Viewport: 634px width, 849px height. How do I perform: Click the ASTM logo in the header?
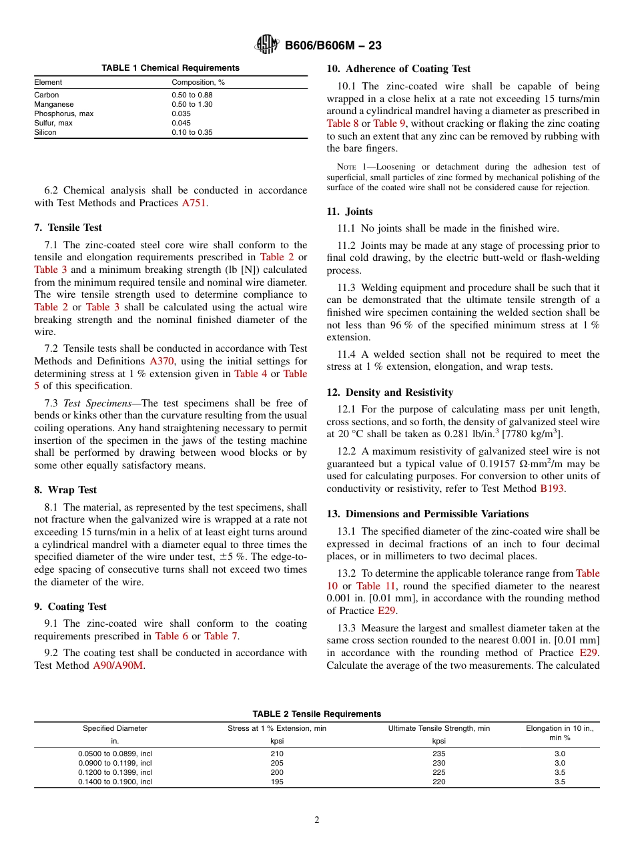(267, 45)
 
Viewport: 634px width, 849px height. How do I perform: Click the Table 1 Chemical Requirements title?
(170, 68)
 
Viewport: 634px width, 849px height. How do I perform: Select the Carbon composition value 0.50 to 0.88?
(192, 95)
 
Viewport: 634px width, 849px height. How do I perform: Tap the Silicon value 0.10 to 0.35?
(192, 132)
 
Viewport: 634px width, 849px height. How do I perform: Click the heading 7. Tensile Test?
(67, 228)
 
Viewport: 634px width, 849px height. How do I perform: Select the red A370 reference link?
(162, 361)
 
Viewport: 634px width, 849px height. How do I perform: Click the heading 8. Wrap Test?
(65, 490)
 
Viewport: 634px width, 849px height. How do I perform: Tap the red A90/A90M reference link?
(118, 665)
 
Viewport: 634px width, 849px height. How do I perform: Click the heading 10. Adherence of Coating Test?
(398, 69)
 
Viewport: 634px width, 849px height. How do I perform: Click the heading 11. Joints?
(350, 212)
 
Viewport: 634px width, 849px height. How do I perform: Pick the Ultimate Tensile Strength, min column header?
(438, 728)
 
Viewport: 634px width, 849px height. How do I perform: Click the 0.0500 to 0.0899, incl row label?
(115, 754)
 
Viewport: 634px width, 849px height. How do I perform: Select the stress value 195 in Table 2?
(277, 782)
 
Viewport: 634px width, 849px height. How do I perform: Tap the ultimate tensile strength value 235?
(438, 754)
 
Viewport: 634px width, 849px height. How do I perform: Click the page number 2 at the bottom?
(317, 820)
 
